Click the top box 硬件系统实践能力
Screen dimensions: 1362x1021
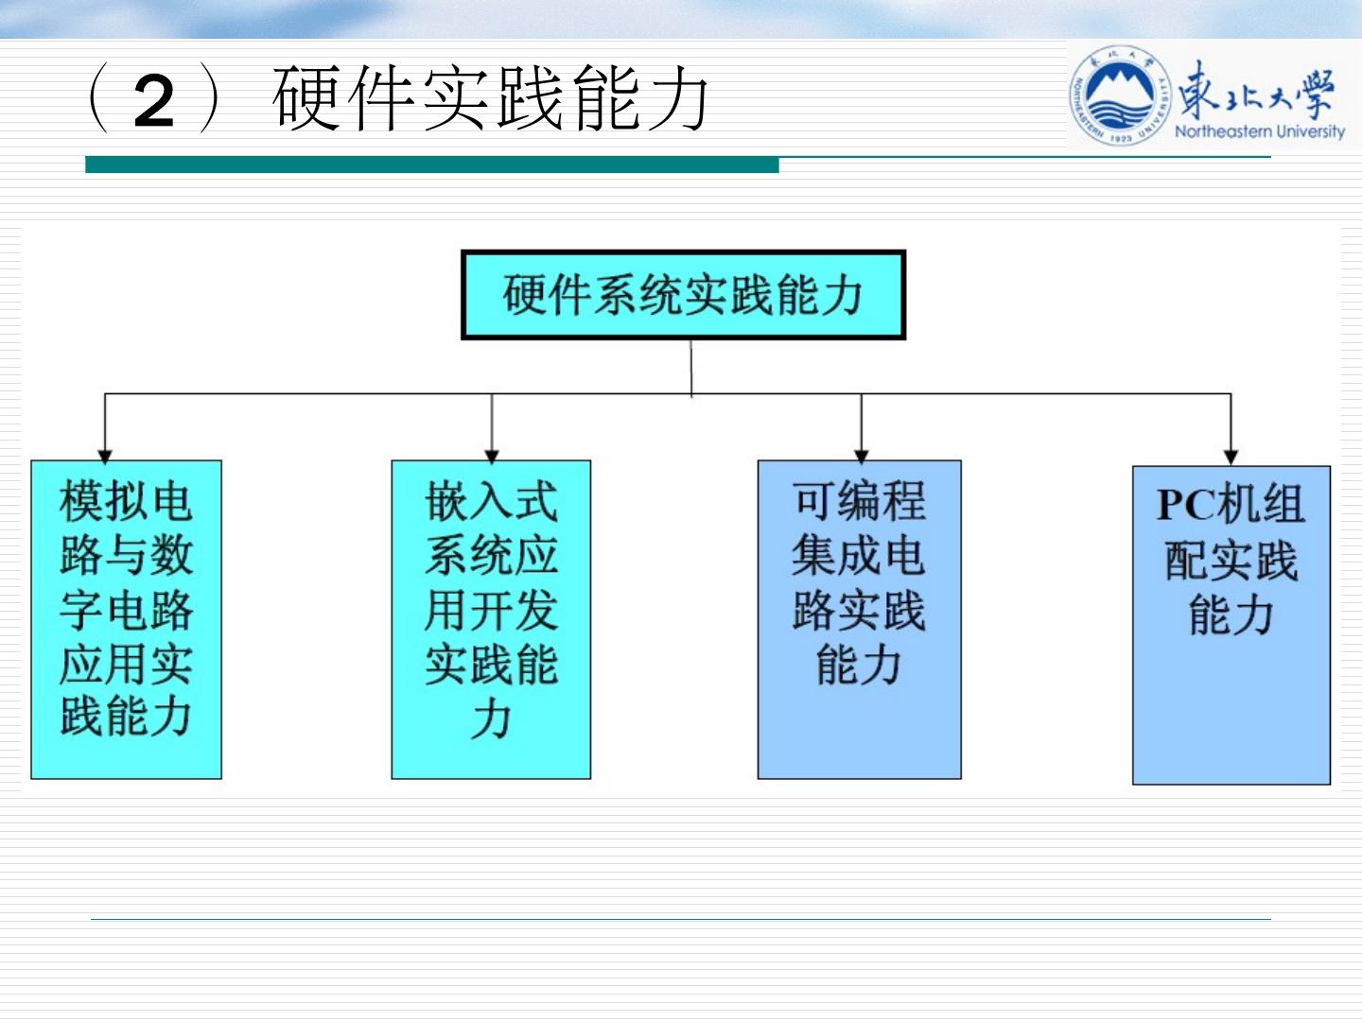(683, 295)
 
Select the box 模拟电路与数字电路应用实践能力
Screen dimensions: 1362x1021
(126, 619)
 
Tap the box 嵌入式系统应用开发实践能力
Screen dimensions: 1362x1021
(491, 619)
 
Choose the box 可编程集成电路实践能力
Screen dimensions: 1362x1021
(859, 619)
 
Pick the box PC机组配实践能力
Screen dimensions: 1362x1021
(1231, 625)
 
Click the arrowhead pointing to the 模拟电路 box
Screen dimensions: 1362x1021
(105, 455)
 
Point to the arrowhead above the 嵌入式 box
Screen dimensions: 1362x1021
(492, 455)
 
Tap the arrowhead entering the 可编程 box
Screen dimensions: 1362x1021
(861, 455)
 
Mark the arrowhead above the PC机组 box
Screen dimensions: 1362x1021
(1231, 458)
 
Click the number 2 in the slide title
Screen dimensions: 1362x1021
(154, 102)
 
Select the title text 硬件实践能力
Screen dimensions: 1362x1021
(490, 99)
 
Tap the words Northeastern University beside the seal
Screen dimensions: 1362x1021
(1259, 131)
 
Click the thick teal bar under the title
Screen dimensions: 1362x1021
(431, 165)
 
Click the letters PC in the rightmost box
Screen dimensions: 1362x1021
(1185, 505)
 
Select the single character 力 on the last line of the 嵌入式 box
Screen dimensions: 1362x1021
(491, 720)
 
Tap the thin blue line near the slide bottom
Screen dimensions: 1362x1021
(681, 918)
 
